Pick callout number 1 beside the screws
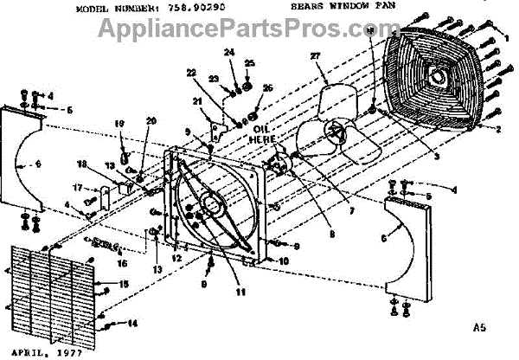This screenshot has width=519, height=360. tap(505, 37)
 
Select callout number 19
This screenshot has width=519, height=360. tap(120, 123)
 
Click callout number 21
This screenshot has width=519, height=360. tap(198, 101)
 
